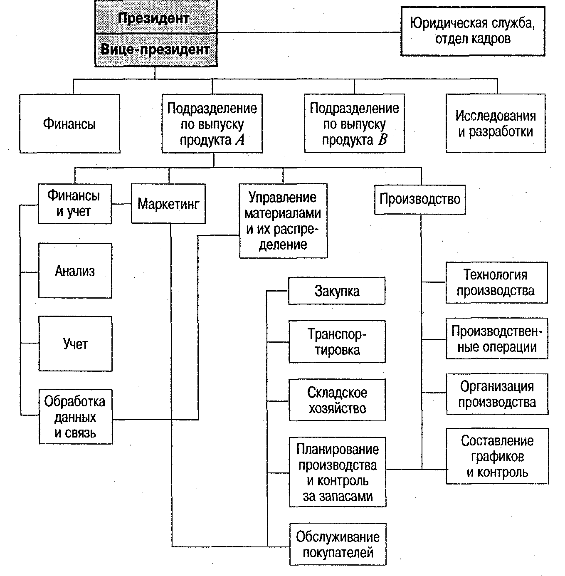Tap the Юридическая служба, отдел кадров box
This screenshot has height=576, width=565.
tap(473, 31)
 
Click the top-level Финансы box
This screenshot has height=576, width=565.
tap(69, 124)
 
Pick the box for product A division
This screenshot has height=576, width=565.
tap(212, 124)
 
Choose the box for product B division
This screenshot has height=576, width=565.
tap(354, 124)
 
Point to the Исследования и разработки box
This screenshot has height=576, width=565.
tap(496, 124)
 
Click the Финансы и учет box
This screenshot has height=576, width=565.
tap(74, 204)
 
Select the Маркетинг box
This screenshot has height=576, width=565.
tap(168, 204)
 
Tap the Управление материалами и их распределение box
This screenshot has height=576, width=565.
tap(283, 221)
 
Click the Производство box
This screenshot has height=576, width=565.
tap(419, 199)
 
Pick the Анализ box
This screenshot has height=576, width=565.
tap(75, 271)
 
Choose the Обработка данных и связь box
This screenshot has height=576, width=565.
tap(75, 417)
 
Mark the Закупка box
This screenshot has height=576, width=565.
tap(337, 291)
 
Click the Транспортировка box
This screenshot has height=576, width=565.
tap(337, 341)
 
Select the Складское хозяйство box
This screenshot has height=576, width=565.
tap(337, 400)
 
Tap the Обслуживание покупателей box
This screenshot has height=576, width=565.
tap(338, 544)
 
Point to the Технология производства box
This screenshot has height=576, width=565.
tap(496, 283)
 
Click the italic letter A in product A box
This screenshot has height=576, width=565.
tap(240, 140)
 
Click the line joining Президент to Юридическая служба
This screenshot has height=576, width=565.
tap(308, 32)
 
